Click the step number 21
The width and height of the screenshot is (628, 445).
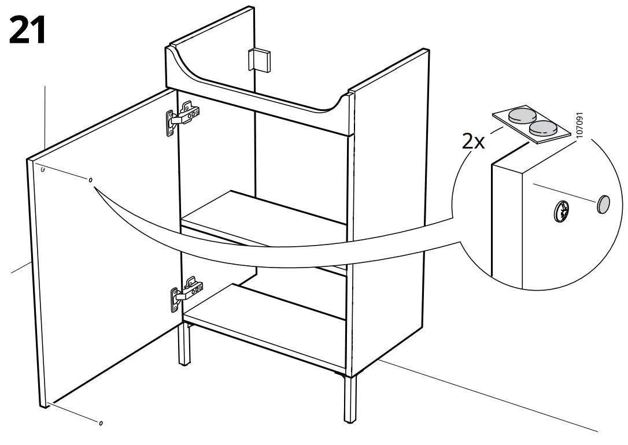pyautogui.click(x=27, y=30)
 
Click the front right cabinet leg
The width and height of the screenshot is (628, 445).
pyautogui.click(x=349, y=399)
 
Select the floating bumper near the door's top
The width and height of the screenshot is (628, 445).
pyautogui.click(x=91, y=181)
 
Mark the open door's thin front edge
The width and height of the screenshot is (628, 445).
pyautogui.click(x=35, y=283)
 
